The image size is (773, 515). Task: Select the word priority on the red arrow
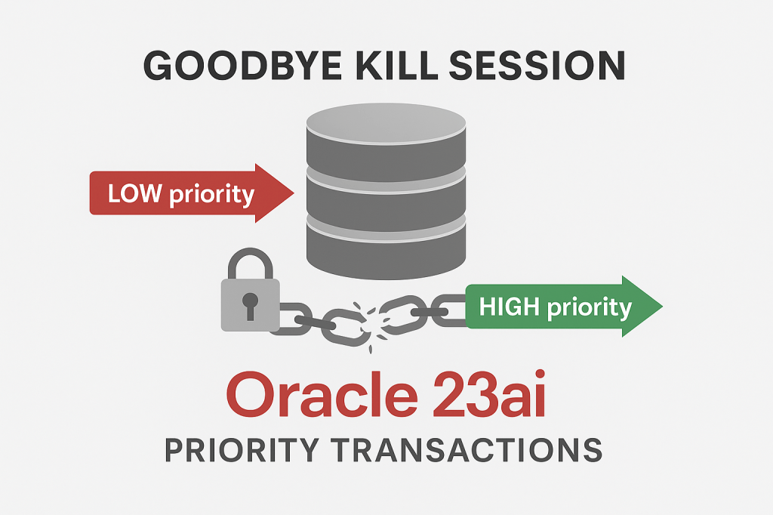point(212,195)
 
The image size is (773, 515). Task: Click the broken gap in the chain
point(368,321)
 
